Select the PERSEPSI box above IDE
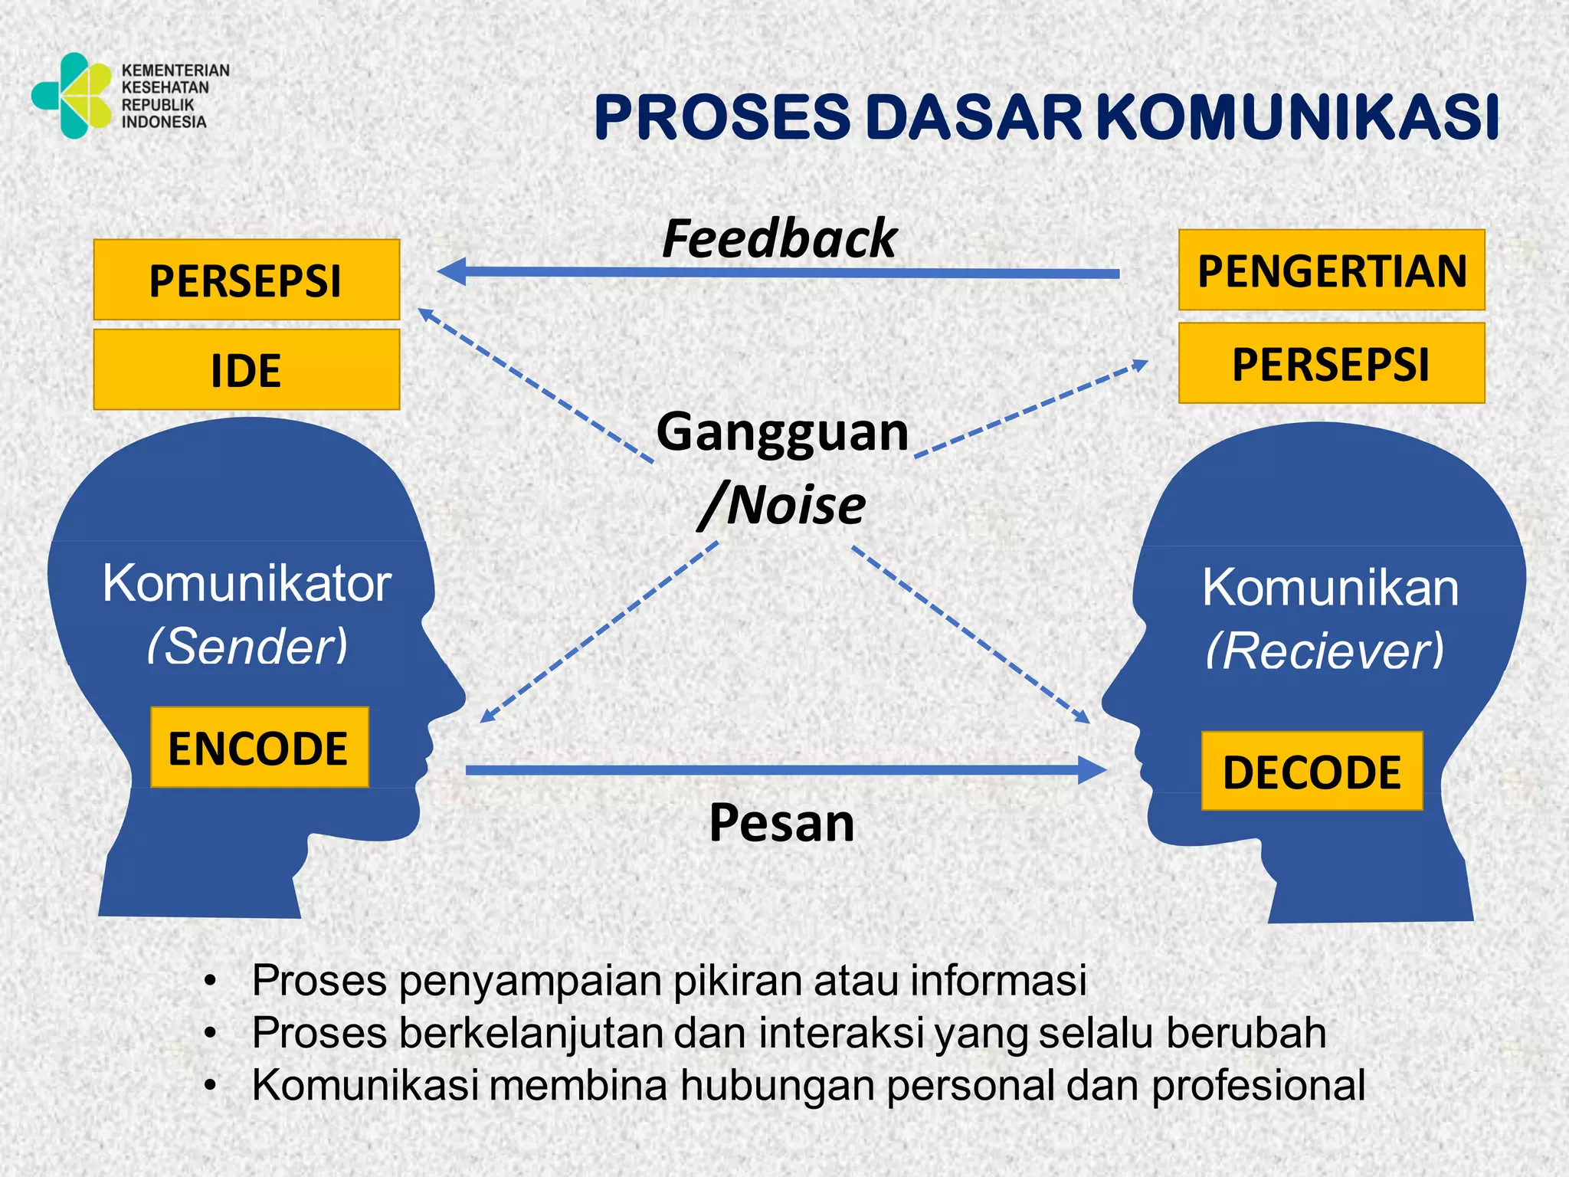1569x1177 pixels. click(246, 280)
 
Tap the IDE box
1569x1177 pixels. click(246, 370)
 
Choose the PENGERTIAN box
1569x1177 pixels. click(1332, 270)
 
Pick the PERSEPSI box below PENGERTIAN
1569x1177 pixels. click(1332, 364)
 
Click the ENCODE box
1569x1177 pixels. click(259, 748)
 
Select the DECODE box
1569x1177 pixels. click(1312, 772)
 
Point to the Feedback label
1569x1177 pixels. click(779, 238)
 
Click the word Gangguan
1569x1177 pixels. click(782, 433)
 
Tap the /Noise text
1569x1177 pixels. click(782, 506)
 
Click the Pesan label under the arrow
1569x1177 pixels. click(781, 823)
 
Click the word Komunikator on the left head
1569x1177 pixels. click(247, 584)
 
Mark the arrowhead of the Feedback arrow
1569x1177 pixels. click(452, 271)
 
